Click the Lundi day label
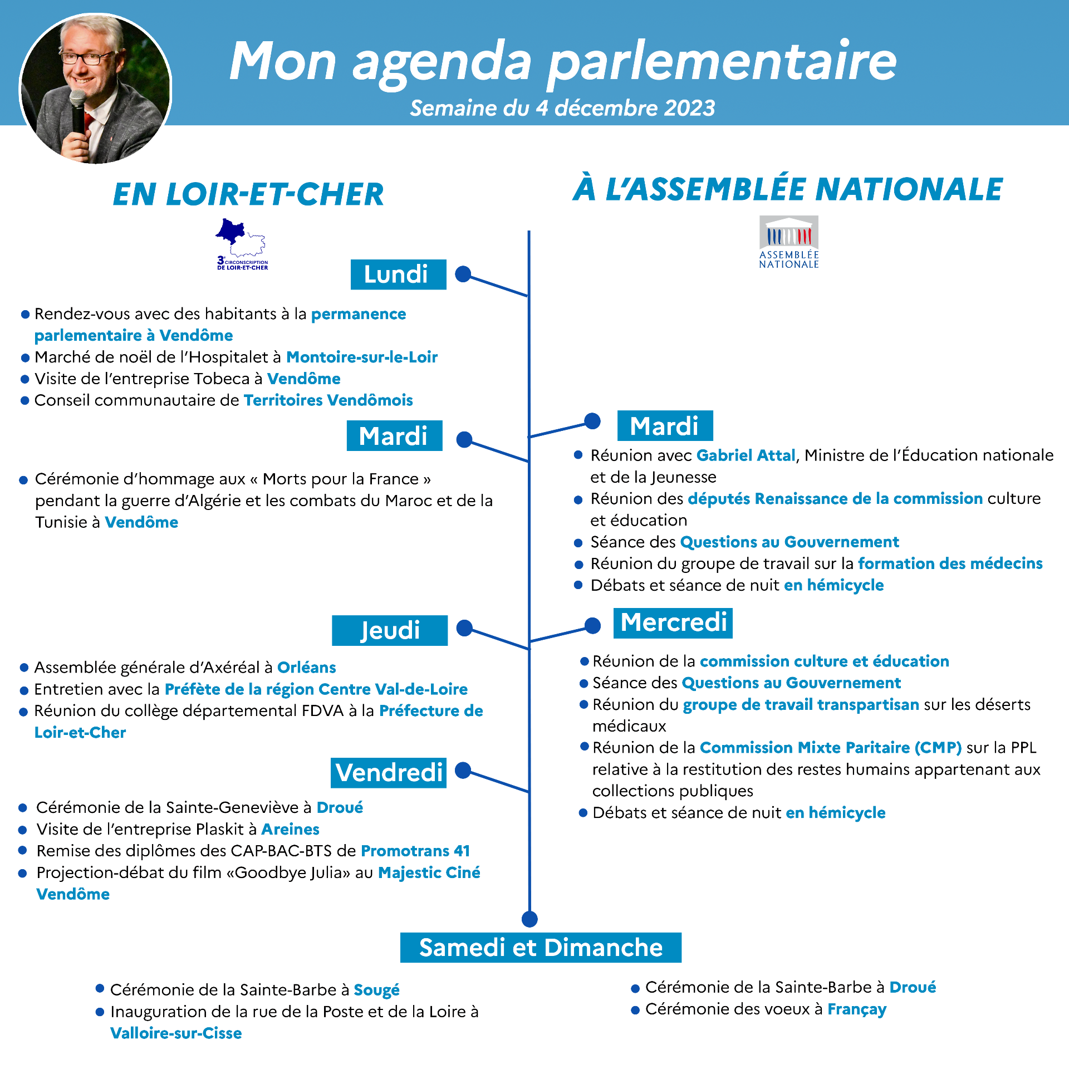398,274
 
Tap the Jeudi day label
390,630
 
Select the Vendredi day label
389,773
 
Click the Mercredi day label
673,622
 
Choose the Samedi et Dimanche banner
541,948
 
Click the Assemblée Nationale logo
789,242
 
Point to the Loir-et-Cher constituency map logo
242,244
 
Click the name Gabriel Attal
746,455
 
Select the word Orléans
306,668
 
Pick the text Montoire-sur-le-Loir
362,357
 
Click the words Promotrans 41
415,851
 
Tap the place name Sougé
376,990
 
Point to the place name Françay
856,1009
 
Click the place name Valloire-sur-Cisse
176,1033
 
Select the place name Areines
290,830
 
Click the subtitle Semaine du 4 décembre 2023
562,108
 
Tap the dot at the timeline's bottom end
529,919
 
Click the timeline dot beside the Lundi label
463,274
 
